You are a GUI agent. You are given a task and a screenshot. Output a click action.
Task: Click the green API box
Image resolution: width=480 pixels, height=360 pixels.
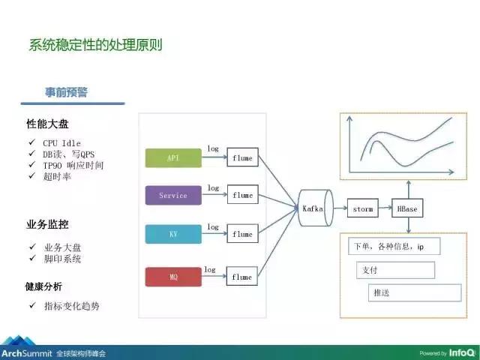coord(173,157)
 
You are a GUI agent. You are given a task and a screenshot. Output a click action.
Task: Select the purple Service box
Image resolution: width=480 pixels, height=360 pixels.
coord(173,196)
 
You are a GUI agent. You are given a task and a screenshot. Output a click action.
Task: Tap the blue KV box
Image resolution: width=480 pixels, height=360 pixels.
coord(173,234)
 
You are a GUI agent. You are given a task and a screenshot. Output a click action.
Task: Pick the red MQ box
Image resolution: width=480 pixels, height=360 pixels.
coord(173,277)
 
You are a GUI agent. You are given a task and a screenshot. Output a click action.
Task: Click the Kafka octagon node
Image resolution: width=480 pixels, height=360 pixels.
coord(314,209)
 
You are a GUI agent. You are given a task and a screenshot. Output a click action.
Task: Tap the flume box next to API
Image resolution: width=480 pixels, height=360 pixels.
coord(242,158)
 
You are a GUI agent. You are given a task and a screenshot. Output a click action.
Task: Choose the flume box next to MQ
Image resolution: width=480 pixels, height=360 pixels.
coord(242,277)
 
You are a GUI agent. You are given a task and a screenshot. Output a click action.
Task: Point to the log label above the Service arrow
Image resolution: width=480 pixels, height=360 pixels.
coord(213,187)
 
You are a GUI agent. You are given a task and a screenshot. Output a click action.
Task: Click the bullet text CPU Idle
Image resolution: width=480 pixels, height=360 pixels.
coord(61,142)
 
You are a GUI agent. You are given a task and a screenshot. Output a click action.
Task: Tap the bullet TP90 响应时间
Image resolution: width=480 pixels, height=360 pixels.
coord(73,165)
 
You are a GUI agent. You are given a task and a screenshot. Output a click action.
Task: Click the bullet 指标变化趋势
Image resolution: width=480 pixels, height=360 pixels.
coord(71,306)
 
